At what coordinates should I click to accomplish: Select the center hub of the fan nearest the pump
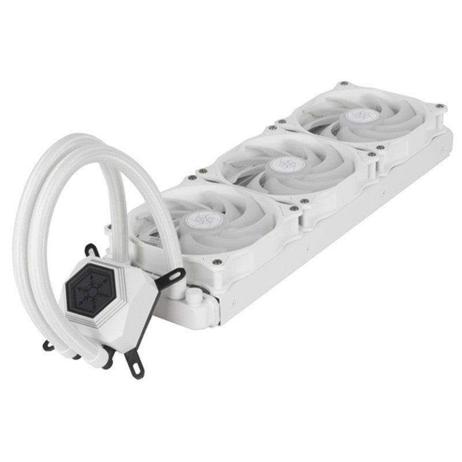pyautogui.click(x=199, y=220)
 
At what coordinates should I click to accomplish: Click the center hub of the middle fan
pyautogui.click(x=281, y=166)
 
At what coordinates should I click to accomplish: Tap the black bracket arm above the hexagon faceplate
pyautogui.click(x=92, y=252)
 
